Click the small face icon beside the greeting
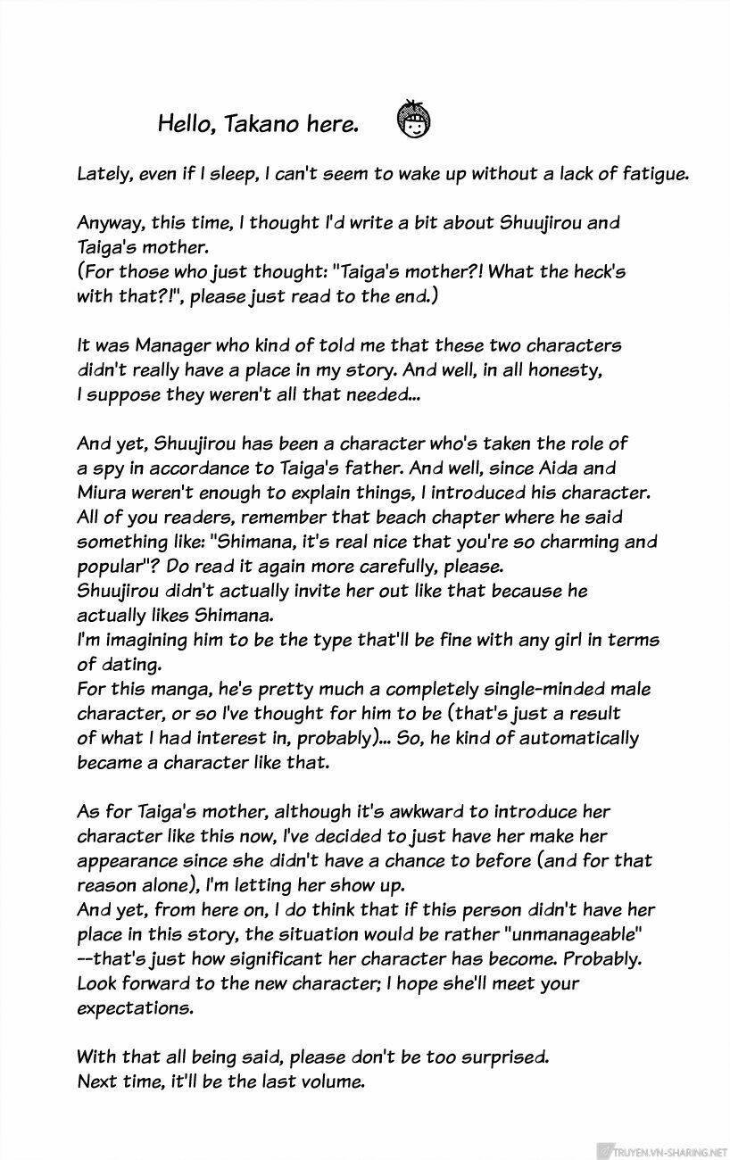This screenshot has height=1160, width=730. point(412,123)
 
